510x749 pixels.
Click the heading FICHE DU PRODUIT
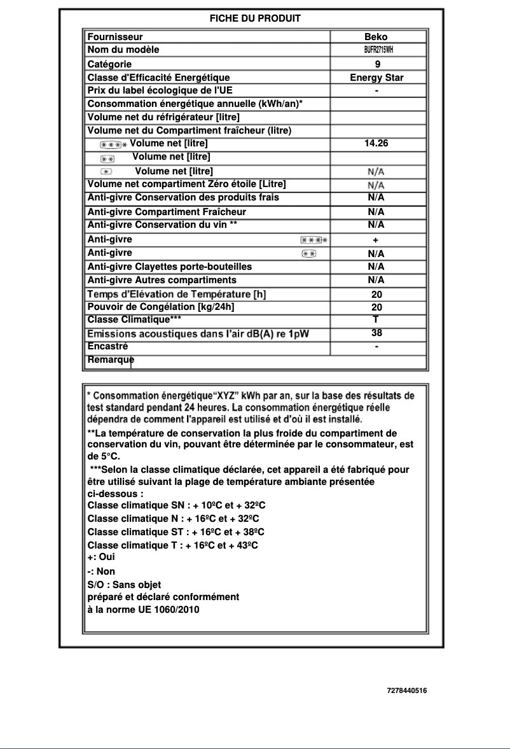coord(255,18)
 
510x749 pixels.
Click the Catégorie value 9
coord(377,64)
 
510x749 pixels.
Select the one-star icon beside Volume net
coord(106,171)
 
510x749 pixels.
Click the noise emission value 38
coord(376,333)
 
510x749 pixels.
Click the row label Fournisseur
coord(115,37)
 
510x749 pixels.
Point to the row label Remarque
coord(111,360)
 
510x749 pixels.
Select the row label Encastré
coord(107,347)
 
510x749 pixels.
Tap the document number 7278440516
coord(406,690)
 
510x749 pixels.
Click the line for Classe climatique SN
coord(176,505)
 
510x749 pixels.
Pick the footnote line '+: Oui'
coord(101,556)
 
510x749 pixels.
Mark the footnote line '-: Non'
coord(101,571)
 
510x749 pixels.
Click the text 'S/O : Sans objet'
coord(124,584)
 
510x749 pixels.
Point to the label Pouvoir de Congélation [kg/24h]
coord(161,307)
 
